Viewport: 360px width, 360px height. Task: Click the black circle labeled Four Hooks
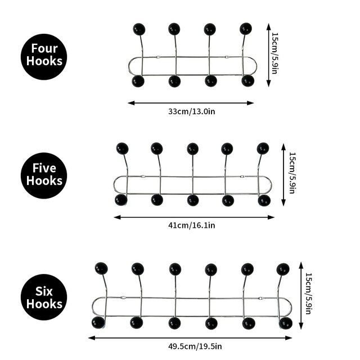(x=44, y=55)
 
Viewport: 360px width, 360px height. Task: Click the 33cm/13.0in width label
(x=191, y=111)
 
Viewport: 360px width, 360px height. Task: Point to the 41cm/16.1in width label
(x=192, y=225)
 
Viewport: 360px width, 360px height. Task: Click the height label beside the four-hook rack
(x=275, y=54)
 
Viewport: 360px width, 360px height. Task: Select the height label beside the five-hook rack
(x=291, y=173)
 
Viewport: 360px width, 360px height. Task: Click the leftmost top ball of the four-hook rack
(x=138, y=29)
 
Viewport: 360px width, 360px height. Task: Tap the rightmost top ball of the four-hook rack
(x=246, y=29)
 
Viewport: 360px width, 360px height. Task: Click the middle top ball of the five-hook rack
(x=192, y=148)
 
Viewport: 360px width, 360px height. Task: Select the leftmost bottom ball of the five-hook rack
(x=121, y=200)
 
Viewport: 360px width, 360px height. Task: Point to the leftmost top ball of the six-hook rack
(x=101, y=268)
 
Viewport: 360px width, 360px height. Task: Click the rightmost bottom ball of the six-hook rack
(x=286, y=323)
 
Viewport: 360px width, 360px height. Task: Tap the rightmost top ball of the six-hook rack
(x=283, y=269)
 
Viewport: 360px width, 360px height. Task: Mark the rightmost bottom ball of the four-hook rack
(x=247, y=81)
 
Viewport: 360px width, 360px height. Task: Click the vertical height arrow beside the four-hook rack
(x=269, y=54)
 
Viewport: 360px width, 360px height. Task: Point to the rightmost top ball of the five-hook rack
(x=263, y=148)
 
